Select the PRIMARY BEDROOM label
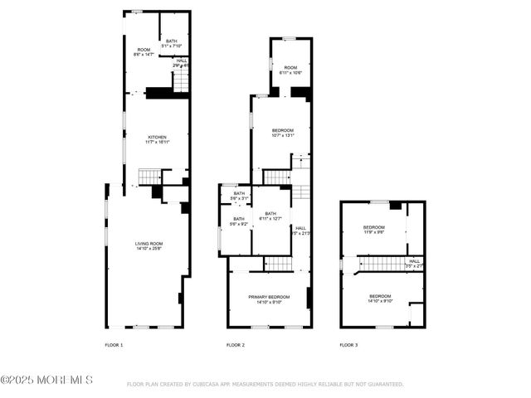tap(269, 299)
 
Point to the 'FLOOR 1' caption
tap(114, 344)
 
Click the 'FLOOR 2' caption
tap(236, 344)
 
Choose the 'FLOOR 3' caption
tap(348, 344)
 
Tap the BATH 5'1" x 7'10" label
tap(172, 43)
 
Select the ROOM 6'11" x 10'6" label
tap(290, 70)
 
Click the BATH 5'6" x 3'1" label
tap(240, 197)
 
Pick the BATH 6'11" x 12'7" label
tap(270, 216)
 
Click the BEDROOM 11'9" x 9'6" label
tap(373, 230)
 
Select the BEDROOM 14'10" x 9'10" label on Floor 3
tap(380, 299)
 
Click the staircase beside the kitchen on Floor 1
tap(149, 176)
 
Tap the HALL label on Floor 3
tap(414, 264)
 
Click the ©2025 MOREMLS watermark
tap(47, 381)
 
